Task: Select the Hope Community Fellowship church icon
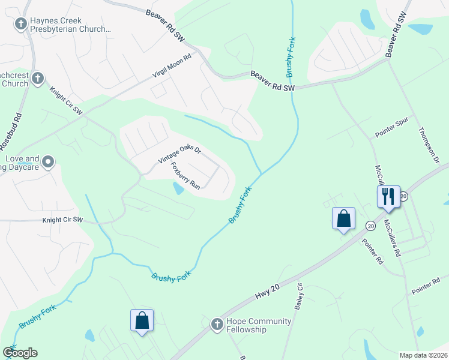[x=217, y=325]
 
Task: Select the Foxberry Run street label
[x=185, y=175]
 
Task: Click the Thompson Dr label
[x=429, y=143]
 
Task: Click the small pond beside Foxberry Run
[x=178, y=188]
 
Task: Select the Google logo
[x=19, y=353]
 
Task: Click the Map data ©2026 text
[x=424, y=355]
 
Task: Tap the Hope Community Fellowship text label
[x=259, y=325]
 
